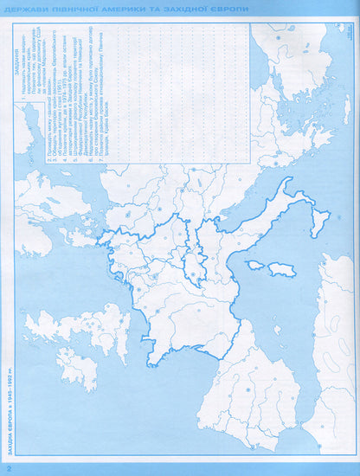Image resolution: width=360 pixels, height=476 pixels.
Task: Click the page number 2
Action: pos(8,468)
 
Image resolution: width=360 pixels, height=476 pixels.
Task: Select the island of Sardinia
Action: pos(282,270)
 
